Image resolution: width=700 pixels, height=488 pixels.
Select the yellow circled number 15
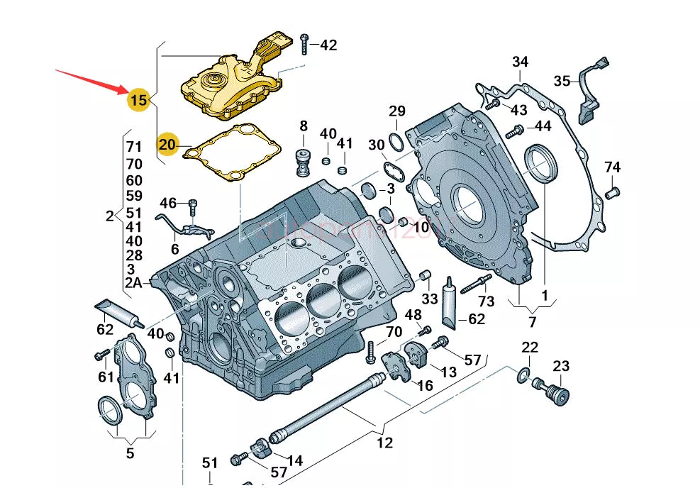[138, 100]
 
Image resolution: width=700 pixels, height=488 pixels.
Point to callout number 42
[328, 45]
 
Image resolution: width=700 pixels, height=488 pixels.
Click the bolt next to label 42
[305, 44]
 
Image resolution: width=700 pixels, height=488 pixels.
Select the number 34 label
[520, 62]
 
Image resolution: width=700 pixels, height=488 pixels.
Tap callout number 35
[562, 81]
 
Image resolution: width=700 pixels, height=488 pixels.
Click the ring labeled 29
[396, 141]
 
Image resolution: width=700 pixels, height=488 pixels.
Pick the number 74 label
[613, 167]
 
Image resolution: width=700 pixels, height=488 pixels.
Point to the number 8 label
[304, 126]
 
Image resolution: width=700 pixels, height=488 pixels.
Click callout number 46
[167, 204]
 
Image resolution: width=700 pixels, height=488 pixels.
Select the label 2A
[133, 283]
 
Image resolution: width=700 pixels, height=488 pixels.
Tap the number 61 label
[106, 376]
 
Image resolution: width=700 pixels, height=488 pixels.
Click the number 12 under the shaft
[384, 443]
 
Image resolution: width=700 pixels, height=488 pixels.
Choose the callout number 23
[561, 366]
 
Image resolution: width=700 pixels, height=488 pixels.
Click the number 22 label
[530, 348]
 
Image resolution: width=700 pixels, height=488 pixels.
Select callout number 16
[424, 385]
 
